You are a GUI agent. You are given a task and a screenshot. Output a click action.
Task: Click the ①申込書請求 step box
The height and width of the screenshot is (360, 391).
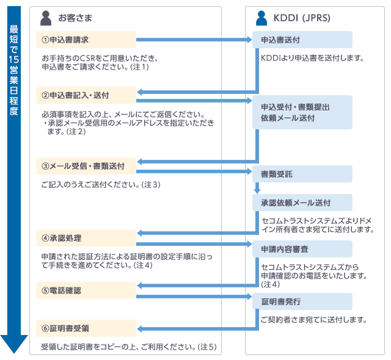tap(86, 40)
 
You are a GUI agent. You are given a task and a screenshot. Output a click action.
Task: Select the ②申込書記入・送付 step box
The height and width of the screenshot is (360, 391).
tap(86, 95)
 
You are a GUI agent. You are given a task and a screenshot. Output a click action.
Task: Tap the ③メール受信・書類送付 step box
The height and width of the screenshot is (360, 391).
tap(86, 165)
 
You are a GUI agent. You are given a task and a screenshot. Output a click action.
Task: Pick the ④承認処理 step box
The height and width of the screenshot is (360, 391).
tap(86, 237)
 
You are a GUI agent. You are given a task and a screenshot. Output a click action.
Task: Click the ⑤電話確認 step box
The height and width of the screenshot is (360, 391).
tap(86, 290)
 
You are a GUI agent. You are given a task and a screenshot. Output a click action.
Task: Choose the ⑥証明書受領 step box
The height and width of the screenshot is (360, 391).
tap(86, 328)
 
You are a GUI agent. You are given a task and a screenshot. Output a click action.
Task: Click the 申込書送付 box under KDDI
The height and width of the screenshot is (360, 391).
tap(302, 40)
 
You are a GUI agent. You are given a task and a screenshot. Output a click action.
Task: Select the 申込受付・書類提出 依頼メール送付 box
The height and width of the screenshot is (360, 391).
tap(302, 112)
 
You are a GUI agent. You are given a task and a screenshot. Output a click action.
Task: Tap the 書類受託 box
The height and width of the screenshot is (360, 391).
tap(302, 174)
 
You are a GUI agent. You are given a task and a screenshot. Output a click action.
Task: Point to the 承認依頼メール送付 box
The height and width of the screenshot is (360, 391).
tap(302, 203)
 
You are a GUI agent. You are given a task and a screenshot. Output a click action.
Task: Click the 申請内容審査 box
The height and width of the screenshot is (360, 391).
tap(302, 249)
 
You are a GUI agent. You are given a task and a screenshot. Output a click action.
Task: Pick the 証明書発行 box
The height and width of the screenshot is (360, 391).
tap(302, 301)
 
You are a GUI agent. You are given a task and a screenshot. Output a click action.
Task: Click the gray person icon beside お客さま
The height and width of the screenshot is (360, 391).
tap(46, 18)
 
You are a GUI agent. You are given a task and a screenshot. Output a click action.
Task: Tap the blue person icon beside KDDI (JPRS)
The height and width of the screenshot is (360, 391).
tap(261, 18)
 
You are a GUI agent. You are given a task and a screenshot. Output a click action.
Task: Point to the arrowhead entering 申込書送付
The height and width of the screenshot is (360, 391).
tap(249, 40)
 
